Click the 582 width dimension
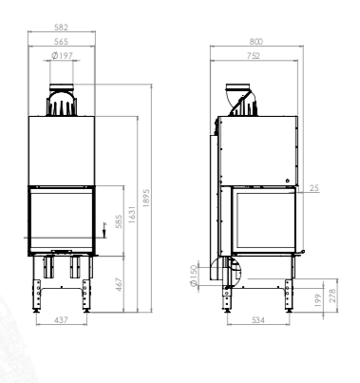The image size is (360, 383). pyautogui.click(x=61, y=28)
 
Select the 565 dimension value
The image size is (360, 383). pyautogui.click(x=61, y=42)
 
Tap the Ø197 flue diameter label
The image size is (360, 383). pyautogui.click(x=63, y=56)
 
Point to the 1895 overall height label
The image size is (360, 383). pyautogui.click(x=146, y=198)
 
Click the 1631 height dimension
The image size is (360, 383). pyautogui.click(x=132, y=215)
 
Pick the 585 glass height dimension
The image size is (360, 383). pyautogui.click(x=119, y=221)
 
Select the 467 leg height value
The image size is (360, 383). pyautogui.click(x=119, y=284)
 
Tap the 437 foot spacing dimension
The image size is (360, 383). pyautogui.click(x=61, y=320)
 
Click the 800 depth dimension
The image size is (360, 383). pyautogui.click(x=256, y=42)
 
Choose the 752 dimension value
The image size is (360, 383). pyautogui.click(x=254, y=56)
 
